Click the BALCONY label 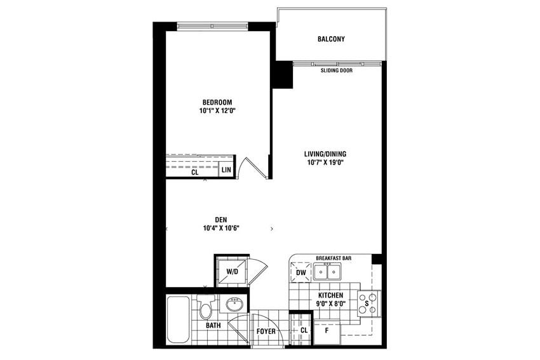[331, 39]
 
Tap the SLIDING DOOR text [337, 70]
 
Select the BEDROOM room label [217, 102]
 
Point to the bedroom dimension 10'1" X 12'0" [217, 110]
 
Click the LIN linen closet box [226, 170]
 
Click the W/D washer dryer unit [231, 271]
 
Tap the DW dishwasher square [300, 273]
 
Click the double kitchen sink [328, 272]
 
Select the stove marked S [368, 303]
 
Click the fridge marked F [327, 331]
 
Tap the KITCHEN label [331, 296]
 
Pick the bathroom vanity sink [233, 304]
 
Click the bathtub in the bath [177, 319]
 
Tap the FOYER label [266, 331]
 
